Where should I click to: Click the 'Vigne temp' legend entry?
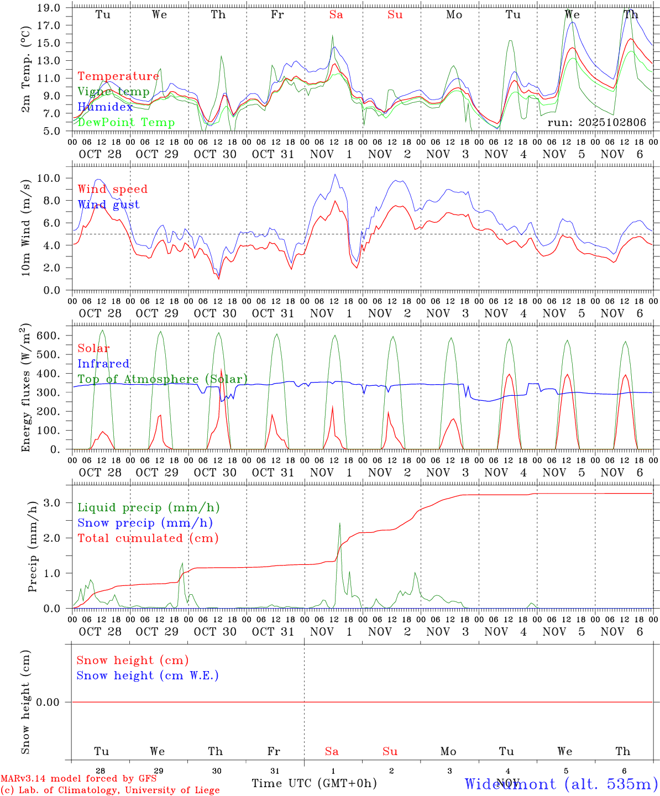[113, 92]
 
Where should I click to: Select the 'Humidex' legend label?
[105, 107]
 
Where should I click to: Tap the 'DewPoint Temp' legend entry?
[126, 122]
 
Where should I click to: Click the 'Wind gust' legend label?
[108, 205]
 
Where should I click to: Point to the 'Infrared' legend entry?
[103, 364]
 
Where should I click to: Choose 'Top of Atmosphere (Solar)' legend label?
[163, 379]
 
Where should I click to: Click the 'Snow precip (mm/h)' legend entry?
[145, 523]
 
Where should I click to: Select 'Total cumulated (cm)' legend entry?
[148, 538]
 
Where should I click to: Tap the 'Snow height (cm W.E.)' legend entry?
[148, 675]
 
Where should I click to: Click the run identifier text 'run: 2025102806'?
[596, 123]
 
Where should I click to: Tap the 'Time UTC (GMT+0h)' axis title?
[314, 783]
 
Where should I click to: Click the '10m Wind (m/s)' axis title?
[26, 229]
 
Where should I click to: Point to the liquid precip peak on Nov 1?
[339, 523]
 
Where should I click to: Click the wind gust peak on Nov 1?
[334, 175]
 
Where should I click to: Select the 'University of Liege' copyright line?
[110, 790]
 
